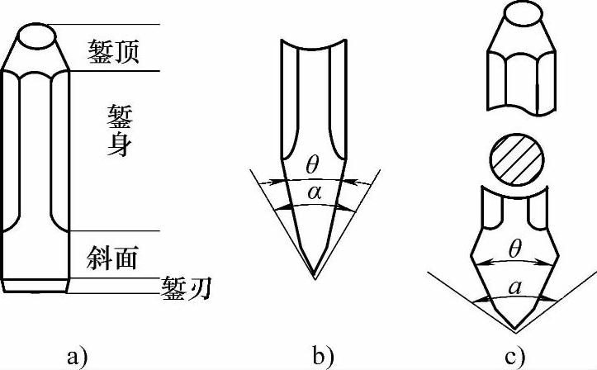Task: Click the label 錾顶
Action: [x=117, y=51]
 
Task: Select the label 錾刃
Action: [x=187, y=287]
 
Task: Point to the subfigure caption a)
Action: [x=75, y=357]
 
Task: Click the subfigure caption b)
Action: [x=323, y=357]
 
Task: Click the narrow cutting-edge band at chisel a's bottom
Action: [x=35, y=287]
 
